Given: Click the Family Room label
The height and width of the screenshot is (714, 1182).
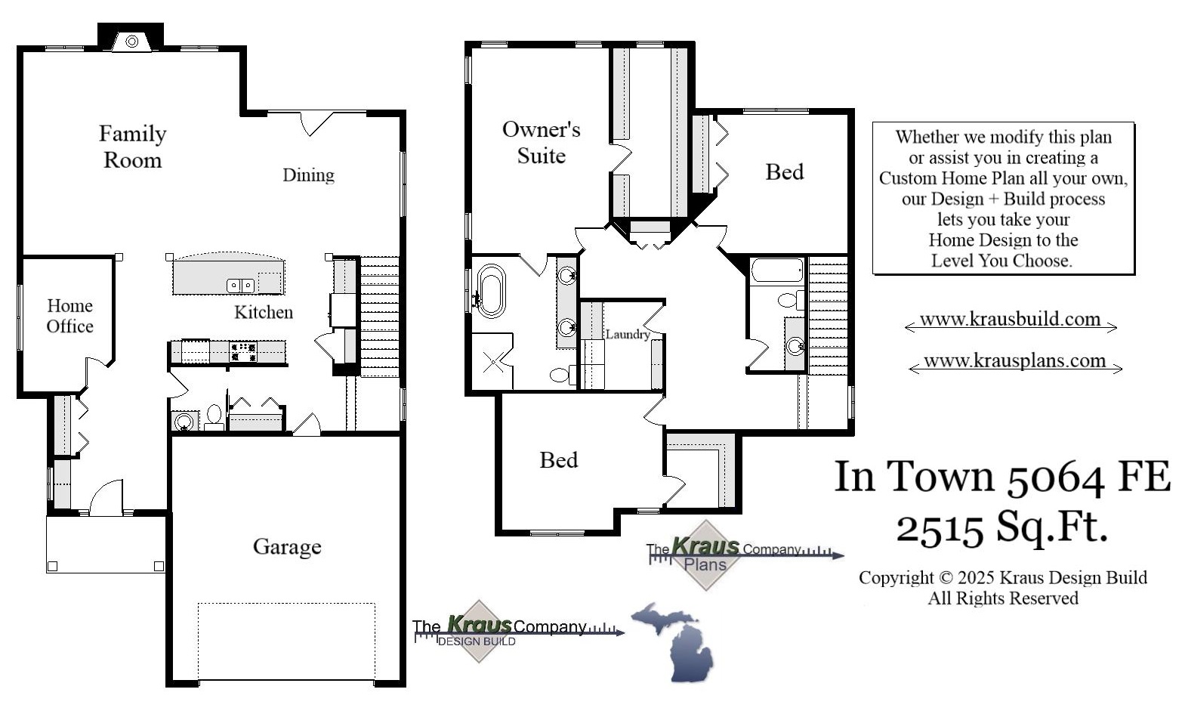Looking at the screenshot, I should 132,147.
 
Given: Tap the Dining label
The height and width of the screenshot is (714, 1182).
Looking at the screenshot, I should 308,175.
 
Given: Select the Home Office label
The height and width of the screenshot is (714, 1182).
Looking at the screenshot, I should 69,316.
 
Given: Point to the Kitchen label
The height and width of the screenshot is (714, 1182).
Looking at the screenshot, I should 263,312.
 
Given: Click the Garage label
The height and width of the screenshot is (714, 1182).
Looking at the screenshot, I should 287,546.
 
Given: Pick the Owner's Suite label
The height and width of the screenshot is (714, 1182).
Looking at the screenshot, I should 541,142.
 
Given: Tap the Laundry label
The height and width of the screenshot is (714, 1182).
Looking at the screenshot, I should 627,334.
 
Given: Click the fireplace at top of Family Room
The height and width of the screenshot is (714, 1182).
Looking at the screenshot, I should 131,41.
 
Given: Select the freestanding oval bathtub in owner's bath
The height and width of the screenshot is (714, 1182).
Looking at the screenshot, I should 492,290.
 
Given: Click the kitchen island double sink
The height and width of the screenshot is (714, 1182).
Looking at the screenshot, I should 241,286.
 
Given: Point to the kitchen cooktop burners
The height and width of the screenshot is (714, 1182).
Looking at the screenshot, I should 243,352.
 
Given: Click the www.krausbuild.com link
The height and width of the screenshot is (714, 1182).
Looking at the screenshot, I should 1010,320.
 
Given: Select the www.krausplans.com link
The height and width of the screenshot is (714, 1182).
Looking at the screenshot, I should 1014,361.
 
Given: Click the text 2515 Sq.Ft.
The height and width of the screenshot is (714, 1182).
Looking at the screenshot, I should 1001,527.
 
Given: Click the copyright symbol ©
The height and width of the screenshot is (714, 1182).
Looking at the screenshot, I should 946,578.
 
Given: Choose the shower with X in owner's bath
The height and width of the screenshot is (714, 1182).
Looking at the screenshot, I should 492,361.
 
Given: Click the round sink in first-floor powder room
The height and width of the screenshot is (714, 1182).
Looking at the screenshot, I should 184,422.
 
